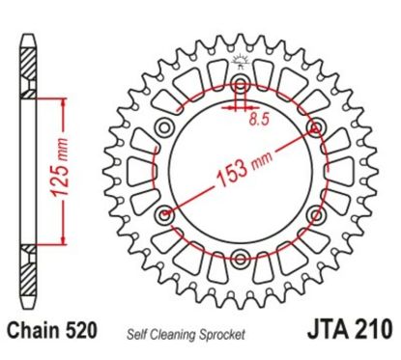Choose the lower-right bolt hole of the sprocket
point(315,213)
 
